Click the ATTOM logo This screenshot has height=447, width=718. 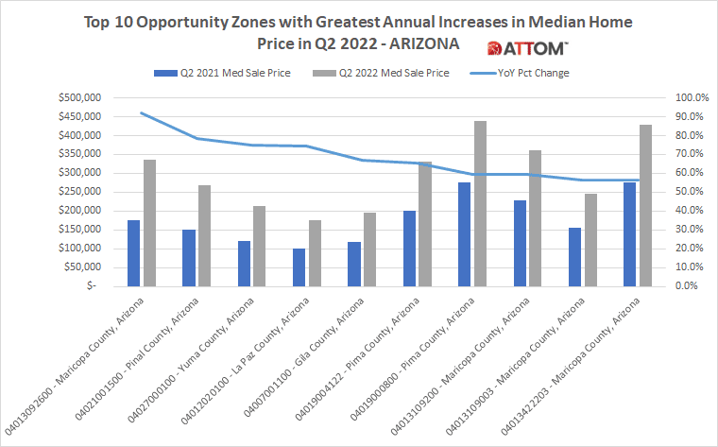point(526,48)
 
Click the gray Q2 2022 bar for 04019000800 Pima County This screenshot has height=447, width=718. point(480,204)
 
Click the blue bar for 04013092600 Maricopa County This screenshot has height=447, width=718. point(133,253)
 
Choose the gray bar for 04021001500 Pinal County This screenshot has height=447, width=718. point(205,235)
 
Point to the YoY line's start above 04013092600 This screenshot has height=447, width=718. point(141,112)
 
